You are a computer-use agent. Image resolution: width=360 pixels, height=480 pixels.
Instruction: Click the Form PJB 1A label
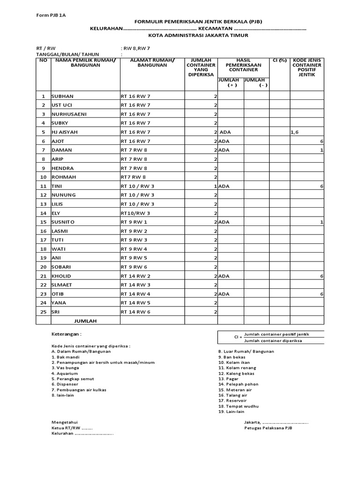(51, 15)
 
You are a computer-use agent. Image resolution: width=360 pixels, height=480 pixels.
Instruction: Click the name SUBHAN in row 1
(63, 96)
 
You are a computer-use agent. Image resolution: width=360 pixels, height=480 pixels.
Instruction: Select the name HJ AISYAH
(65, 132)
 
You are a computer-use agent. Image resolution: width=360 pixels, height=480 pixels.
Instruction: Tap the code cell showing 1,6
(294, 132)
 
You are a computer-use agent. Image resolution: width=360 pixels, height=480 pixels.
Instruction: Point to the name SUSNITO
(63, 222)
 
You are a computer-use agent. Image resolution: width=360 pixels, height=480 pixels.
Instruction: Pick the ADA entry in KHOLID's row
(224, 276)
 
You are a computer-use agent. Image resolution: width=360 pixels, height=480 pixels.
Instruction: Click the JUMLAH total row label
(85, 321)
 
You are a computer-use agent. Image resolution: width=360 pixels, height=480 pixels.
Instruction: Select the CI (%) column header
(279, 60)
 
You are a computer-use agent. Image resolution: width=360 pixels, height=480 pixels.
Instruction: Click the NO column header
(43, 60)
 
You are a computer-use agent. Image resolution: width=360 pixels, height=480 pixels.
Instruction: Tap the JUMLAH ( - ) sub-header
(256, 83)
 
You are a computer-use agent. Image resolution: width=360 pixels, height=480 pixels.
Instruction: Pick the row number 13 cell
(43, 204)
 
